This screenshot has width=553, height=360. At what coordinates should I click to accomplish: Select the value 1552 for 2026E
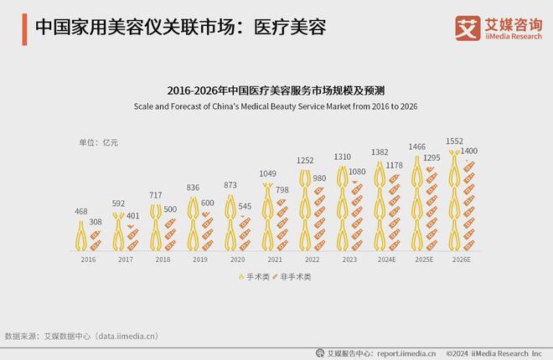pos(456,141)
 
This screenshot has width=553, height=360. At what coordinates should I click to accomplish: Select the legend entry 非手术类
pos(292,276)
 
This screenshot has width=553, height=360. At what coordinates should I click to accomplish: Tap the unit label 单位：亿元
pos(99,142)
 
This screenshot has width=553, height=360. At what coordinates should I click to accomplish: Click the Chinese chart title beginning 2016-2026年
pos(276,89)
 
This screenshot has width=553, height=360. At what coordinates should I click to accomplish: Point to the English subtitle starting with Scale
pos(276,106)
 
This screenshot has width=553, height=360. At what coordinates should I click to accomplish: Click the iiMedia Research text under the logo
pos(509,37)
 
